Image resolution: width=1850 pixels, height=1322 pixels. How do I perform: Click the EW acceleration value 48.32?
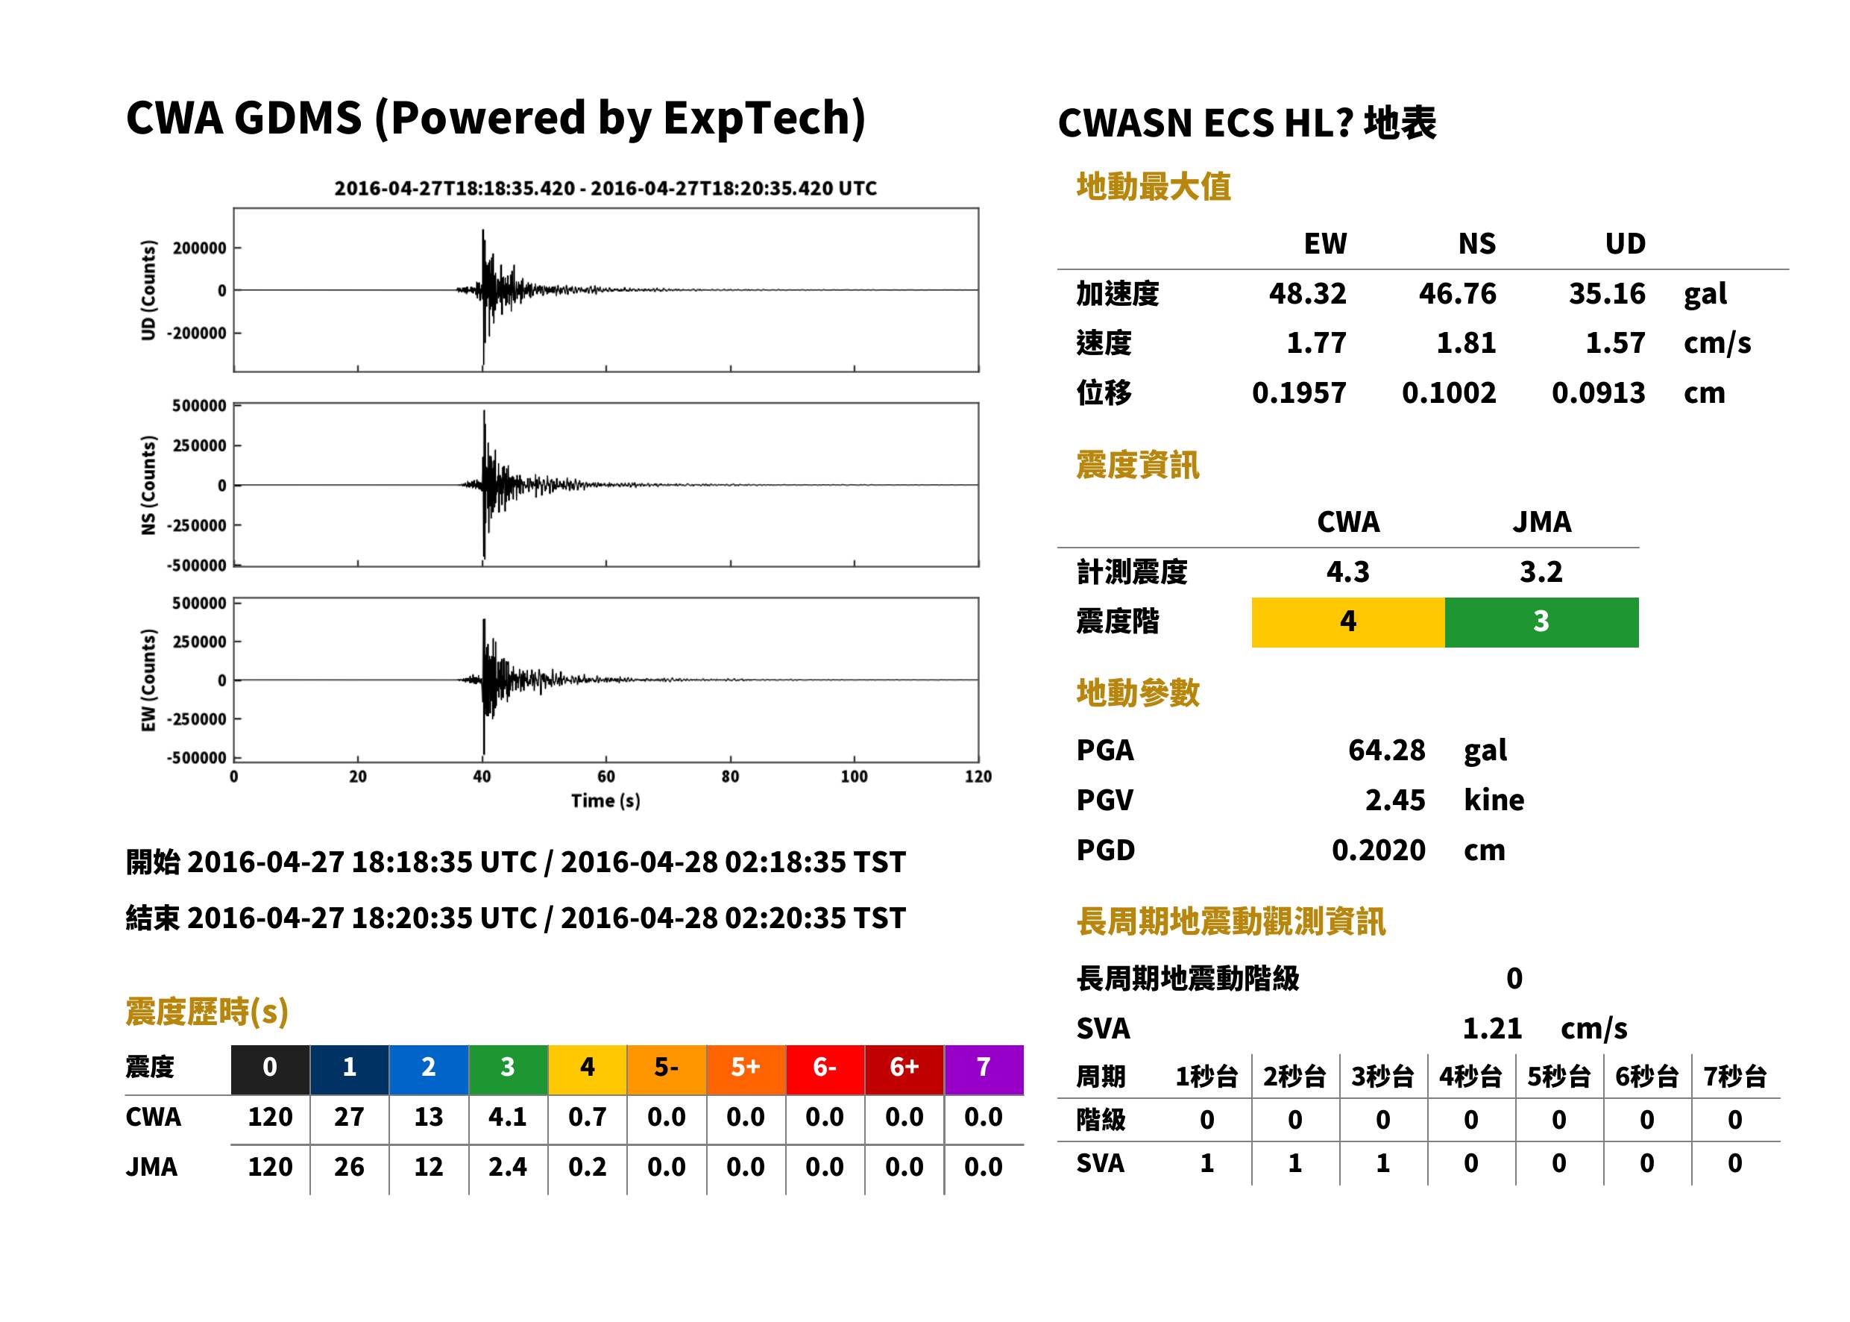click(1306, 293)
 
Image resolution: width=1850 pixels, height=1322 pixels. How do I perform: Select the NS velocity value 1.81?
click(1465, 342)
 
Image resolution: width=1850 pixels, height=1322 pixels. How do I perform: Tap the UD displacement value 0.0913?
click(1598, 392)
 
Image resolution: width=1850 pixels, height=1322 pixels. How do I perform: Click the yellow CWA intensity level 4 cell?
click(1347, 622)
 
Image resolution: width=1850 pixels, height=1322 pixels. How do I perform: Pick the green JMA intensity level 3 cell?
click(1541, 622)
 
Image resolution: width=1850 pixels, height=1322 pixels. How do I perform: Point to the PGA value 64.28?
click(1386, 750)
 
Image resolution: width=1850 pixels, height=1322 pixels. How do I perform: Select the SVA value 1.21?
click(1491, 1028)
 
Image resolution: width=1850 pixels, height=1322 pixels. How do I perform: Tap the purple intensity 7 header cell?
click(984, 1069)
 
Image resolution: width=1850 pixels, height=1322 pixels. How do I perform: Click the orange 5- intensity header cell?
click(667, 1069)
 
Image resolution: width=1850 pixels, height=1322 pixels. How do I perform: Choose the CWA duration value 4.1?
click(508, 1117)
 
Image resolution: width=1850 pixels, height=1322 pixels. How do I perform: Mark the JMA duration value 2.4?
click(508, 1167)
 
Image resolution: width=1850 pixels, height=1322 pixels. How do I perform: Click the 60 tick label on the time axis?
click(606, 777)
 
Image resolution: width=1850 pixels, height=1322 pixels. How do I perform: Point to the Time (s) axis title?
click(605, 801)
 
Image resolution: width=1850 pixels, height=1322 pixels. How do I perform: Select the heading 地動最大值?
click(1154, 187)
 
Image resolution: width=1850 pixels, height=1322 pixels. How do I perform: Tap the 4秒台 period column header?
click(1470, 1076)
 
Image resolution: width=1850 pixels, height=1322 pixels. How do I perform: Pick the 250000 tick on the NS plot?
click(199, 445)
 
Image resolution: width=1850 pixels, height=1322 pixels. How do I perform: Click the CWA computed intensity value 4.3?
click(1347, 571)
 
